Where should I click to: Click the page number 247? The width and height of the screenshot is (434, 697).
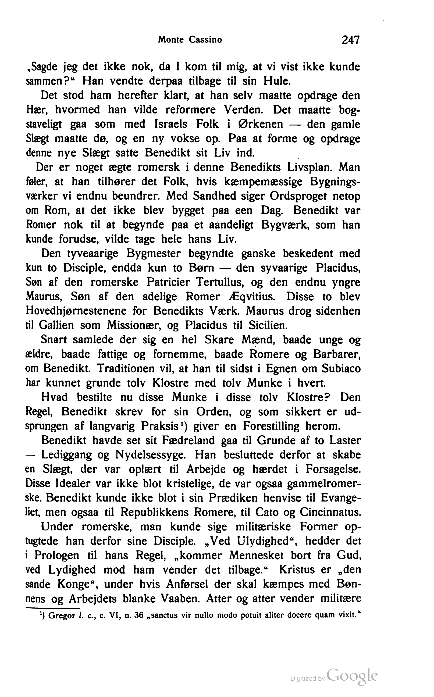pyautogui.click(x=350, y=40)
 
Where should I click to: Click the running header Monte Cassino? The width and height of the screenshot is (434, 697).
pyautogui.click(x=190, y=40)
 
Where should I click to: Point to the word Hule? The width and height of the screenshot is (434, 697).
pyautogui.click(x=277, y=81)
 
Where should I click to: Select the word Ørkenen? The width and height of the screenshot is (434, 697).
pyautogui.click(x=261, y=124)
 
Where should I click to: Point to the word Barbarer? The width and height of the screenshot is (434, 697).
pyautogui.click(x=336, y=354)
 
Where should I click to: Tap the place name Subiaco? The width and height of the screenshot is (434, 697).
pyautogui.click(x=341, y=369)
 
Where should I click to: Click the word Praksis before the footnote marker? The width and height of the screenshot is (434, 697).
pyautogui.click(x=159, y=426)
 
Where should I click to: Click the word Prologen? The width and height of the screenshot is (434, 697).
pyautogui.click(x=56, y=556)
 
